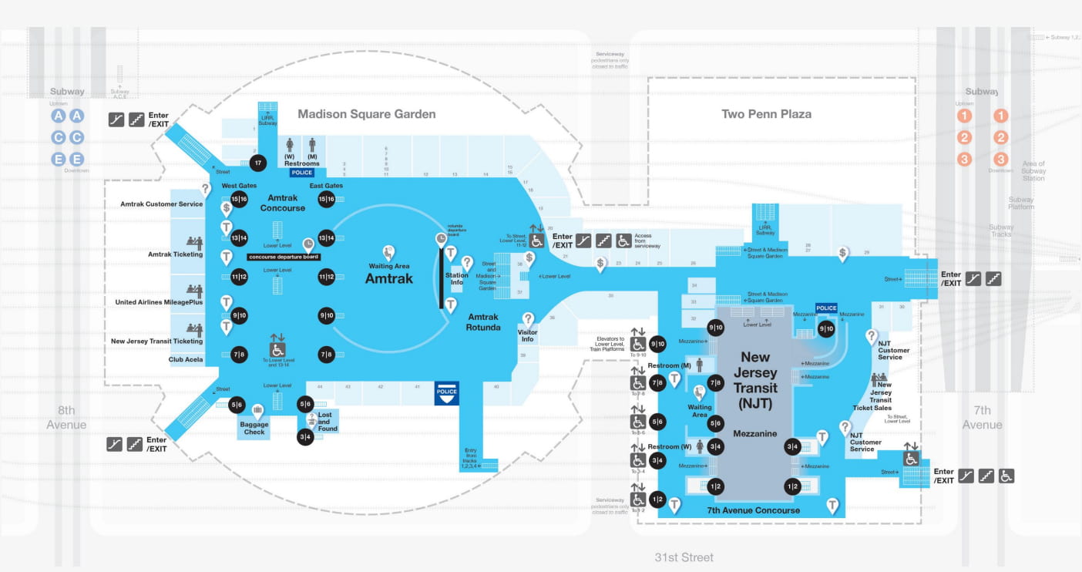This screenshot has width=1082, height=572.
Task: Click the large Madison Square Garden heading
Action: coord(367,114)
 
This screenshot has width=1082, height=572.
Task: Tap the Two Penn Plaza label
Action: coord(766,114)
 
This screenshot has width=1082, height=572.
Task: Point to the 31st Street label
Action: coord(684,557)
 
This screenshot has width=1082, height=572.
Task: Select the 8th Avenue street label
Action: coord(66,417)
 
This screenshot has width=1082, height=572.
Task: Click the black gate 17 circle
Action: coord(258,163)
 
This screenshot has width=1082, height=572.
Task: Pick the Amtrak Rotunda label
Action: coord(482,321)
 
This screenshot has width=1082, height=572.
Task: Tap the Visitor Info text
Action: coord(528,336)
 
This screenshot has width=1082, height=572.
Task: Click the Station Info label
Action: coord(456,279)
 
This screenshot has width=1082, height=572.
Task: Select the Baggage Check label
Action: coord(254,428)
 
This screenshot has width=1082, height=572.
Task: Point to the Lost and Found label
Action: coord(328,422)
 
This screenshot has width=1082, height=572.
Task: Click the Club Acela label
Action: coord(186,359)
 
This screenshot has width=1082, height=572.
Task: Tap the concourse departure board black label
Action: coord(284,257)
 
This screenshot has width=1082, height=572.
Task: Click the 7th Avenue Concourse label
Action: coord(753,510)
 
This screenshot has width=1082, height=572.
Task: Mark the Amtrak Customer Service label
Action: coord(162,204)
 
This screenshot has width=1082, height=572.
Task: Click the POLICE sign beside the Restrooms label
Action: coord(302,173)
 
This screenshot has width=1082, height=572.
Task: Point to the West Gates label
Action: coord(239,186)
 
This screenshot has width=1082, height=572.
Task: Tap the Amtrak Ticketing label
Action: coord(176,254)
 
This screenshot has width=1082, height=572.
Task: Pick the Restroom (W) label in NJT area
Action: coord(669,447)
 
